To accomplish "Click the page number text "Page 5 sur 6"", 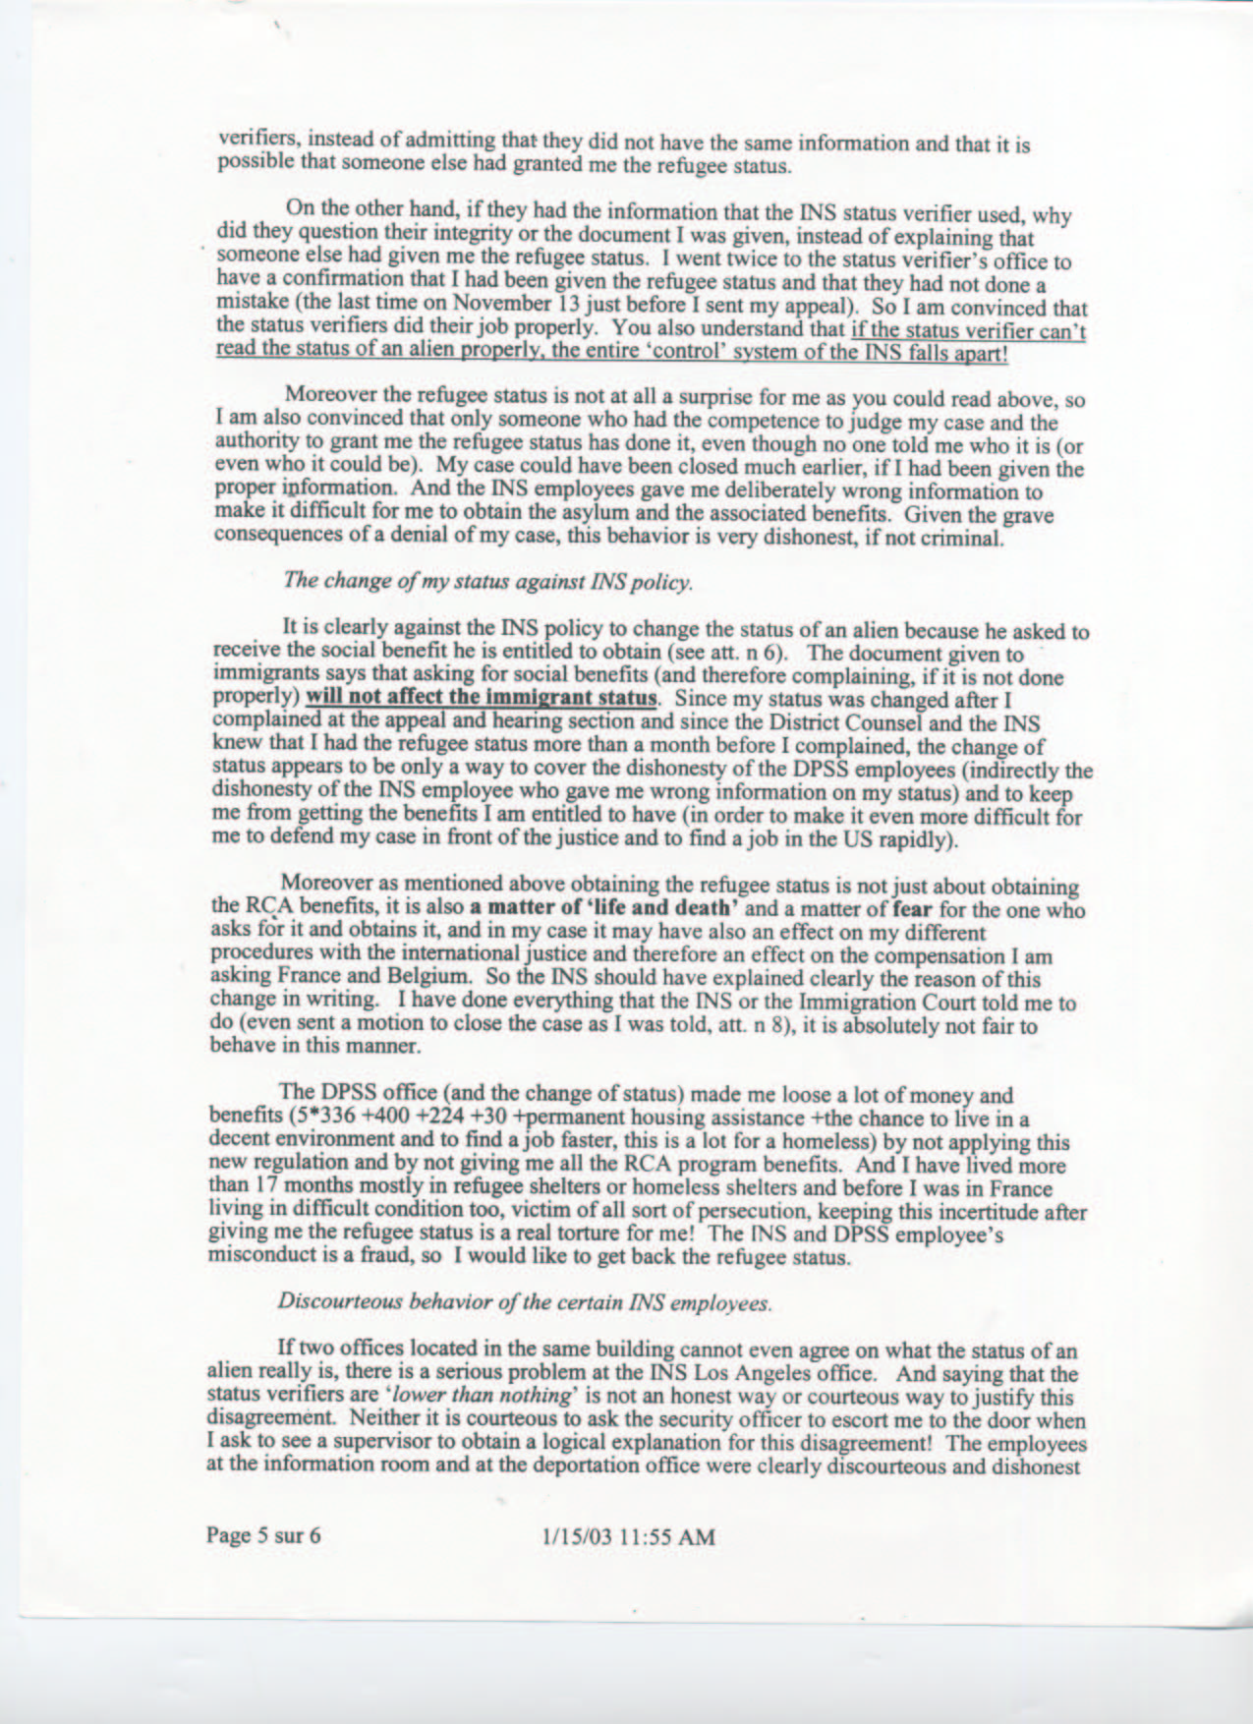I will [263, 1536].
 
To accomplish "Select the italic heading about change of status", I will [487, 581].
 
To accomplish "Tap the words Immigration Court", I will [885, 1004].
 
